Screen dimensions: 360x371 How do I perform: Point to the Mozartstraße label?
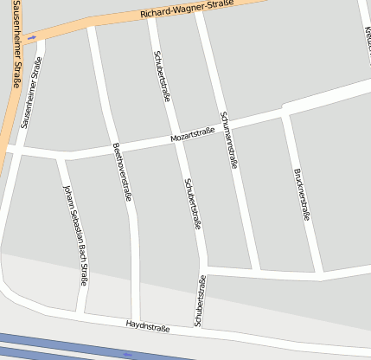tap(192, 136)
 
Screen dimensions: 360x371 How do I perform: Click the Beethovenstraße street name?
tap(123, 172)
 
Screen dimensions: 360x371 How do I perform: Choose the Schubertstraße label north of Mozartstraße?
tap(162, 76)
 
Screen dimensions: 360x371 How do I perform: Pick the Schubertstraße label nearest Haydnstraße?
tap(200, 300)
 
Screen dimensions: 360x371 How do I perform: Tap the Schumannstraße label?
tap(229, 138)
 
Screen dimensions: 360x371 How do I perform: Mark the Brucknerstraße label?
tap(302, 195)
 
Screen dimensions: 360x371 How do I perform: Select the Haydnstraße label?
tap(147, 326)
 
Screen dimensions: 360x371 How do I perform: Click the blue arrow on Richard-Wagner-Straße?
tap(32, 37)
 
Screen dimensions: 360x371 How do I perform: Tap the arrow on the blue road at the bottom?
tap(129, 354)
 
